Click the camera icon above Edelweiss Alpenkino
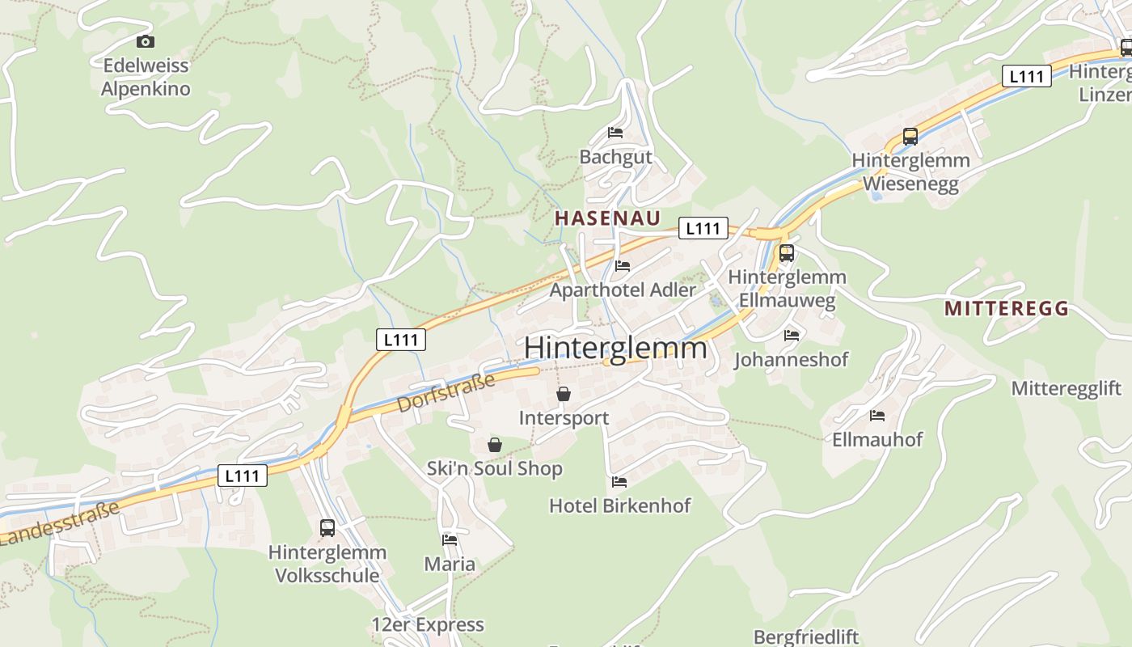pos(146,42)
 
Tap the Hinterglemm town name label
pos(615,349)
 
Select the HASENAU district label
pos(607,218)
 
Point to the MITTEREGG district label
pos(1006,308)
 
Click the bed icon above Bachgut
pos(615,133)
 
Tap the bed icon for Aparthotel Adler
pos(622,265)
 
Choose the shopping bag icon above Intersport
pos(564,395)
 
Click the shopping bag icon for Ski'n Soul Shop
pos(495,445)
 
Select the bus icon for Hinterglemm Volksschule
pos(327,528)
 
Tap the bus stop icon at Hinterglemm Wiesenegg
pos(910,137)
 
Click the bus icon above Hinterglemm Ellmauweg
pos(786,253)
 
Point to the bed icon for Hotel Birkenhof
pos(619,482)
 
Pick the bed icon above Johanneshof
pos(791,335)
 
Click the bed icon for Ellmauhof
pos(877,417)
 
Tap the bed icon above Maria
pos(450,540)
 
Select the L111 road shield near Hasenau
pos(703,228)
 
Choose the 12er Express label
pos(428,624)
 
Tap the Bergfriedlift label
pos(806,637)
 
